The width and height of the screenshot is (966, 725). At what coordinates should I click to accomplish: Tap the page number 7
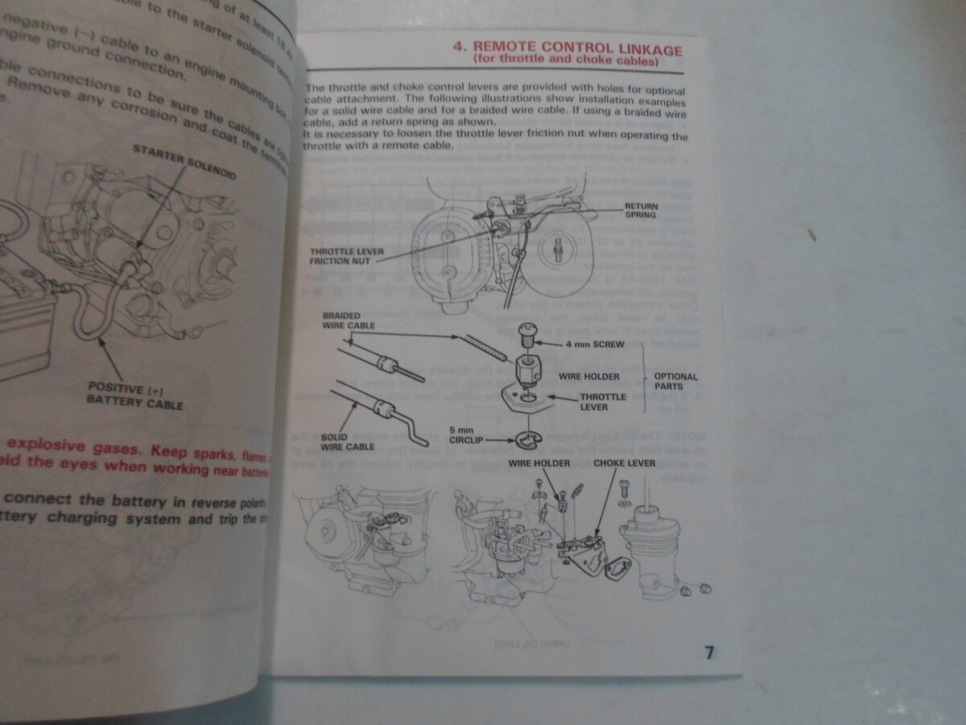tap(709, 652)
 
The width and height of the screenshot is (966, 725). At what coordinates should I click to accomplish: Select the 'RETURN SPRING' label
tap(641, 211)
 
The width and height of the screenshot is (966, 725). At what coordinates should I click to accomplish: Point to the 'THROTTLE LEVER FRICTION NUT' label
tap(347, 256)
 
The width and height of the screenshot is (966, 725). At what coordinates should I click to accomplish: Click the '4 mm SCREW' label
tap(595, 343)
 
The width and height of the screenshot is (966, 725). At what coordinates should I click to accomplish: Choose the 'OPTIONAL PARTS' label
tap(675, 381)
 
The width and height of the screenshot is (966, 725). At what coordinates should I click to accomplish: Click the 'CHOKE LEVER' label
tap(624, 464)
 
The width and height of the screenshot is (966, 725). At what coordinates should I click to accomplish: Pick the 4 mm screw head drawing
tap(527, 331)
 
